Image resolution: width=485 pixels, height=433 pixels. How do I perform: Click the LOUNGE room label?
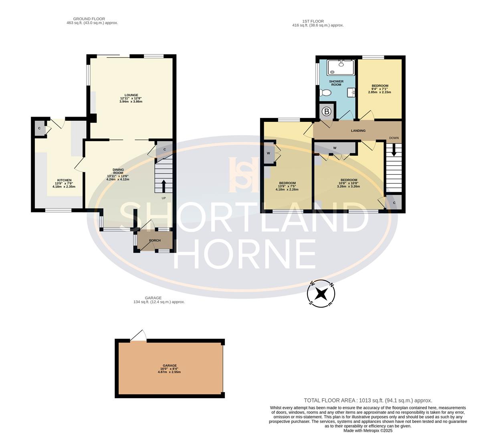(131, 95)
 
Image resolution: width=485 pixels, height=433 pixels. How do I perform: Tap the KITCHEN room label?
(64, 180)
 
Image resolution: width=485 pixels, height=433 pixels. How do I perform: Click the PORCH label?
(155, 241)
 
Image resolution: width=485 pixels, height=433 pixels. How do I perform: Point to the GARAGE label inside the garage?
(169, 366)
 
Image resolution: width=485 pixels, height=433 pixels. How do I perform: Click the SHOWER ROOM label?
(336, 83)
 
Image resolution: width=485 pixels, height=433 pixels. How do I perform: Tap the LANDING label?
(358, 131)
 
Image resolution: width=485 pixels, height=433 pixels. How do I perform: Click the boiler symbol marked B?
(326, 112)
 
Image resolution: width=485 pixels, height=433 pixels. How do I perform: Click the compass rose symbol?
(321, 293)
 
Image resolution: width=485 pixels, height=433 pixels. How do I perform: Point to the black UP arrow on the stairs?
(164, 186)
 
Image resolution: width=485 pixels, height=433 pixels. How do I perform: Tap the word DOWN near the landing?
(394, 138)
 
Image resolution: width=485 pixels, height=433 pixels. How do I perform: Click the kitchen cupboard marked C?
(39, 128)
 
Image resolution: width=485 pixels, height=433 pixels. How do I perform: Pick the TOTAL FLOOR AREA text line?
(368, 400)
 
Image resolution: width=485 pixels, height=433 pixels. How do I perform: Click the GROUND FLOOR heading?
(89, 19)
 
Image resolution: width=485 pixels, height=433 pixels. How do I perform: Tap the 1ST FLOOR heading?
(313, 21)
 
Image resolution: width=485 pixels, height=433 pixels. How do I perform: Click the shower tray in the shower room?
(341, 67)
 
